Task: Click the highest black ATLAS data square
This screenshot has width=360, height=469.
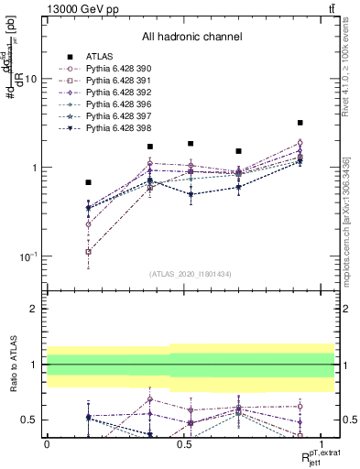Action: [x=300, y=123]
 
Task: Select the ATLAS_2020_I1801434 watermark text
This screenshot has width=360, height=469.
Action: [x=190, y=275]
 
